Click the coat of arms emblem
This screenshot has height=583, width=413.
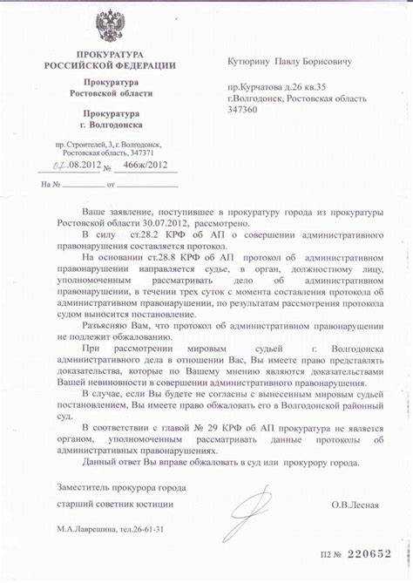[110, 27]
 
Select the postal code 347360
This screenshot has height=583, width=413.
[242, 111]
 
